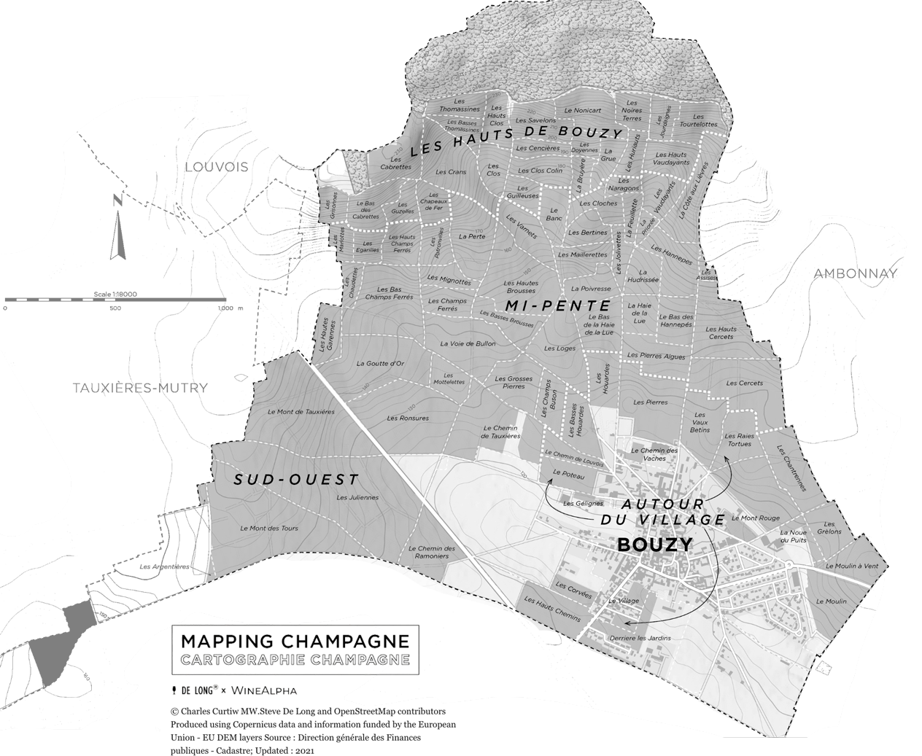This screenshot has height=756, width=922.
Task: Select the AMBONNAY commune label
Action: tap(855, 273)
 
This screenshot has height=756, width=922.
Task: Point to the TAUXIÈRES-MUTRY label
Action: tap(140, 388)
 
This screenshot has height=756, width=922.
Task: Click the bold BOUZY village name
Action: tap(654, 545)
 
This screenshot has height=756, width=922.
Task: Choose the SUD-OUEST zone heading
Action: tap(296, 480)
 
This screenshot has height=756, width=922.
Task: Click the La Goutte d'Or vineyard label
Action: tap(380, 363)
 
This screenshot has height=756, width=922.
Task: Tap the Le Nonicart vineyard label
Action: tap(583, 110)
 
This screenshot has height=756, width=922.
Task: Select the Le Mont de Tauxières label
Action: tap(301, 412)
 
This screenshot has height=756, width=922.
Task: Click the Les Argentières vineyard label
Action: tap(164, 566)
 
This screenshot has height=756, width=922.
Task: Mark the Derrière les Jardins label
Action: tap(639, 639)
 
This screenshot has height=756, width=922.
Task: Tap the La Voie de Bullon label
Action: tap(468, 343)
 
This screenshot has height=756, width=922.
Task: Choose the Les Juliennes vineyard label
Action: tap(357, 498)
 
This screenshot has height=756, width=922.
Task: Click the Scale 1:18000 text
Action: tap(115, 295)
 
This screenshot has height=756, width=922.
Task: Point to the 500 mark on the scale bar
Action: tap(115, 308)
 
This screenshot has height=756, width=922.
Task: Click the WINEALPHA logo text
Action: tap(263, 690)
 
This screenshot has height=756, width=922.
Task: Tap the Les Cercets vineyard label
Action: tap(744, 383)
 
